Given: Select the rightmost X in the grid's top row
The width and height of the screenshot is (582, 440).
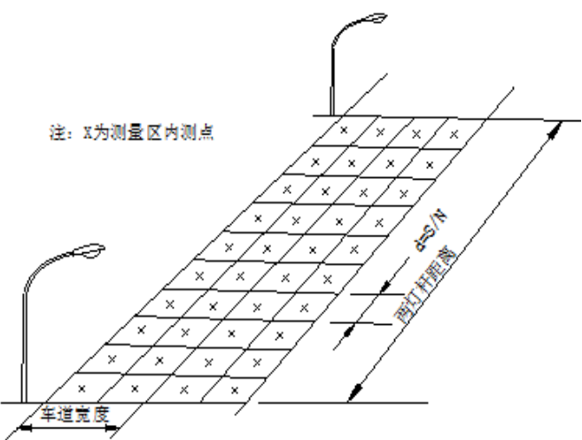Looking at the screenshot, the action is [x=454, y=135].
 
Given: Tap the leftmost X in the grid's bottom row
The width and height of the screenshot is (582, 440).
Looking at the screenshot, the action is [x=82, y=388].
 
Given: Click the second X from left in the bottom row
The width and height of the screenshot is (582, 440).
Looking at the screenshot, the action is [x=133, y=389].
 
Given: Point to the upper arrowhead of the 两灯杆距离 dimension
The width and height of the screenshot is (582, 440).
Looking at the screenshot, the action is [x=555, y=126].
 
